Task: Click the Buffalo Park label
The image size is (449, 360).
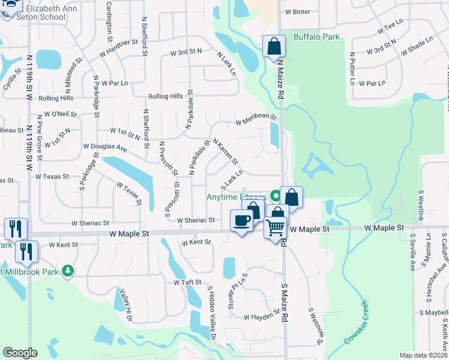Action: (316, 37)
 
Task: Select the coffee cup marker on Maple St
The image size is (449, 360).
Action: (242, 221)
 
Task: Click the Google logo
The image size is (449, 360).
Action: (20, 353)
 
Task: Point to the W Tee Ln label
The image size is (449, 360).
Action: (389, 28)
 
